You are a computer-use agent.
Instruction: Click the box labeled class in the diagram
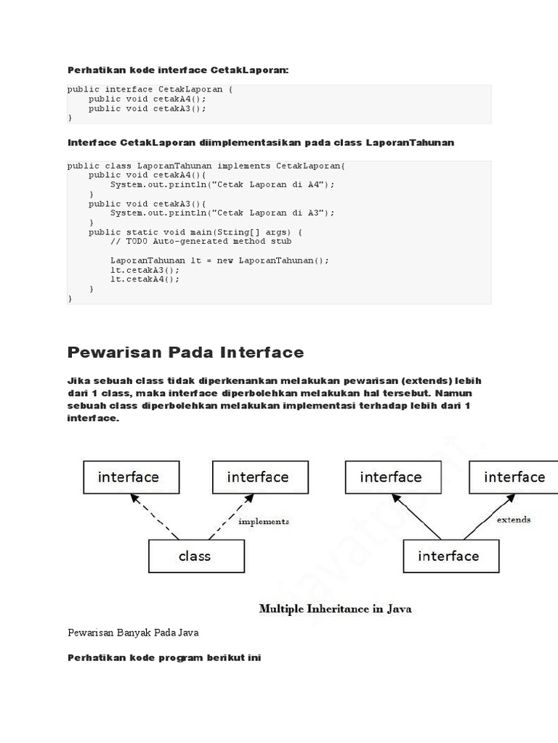point(194,557)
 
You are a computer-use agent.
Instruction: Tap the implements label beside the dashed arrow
point(264,521)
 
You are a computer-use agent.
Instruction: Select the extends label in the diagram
point(513,520)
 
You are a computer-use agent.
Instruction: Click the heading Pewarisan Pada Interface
point(185,353)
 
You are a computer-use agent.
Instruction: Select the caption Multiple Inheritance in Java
point(335,609)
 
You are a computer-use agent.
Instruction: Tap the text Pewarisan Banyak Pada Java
point(132,633)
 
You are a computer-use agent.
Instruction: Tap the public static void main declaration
point(185,232)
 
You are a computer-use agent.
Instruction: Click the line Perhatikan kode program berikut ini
point(164,658)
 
